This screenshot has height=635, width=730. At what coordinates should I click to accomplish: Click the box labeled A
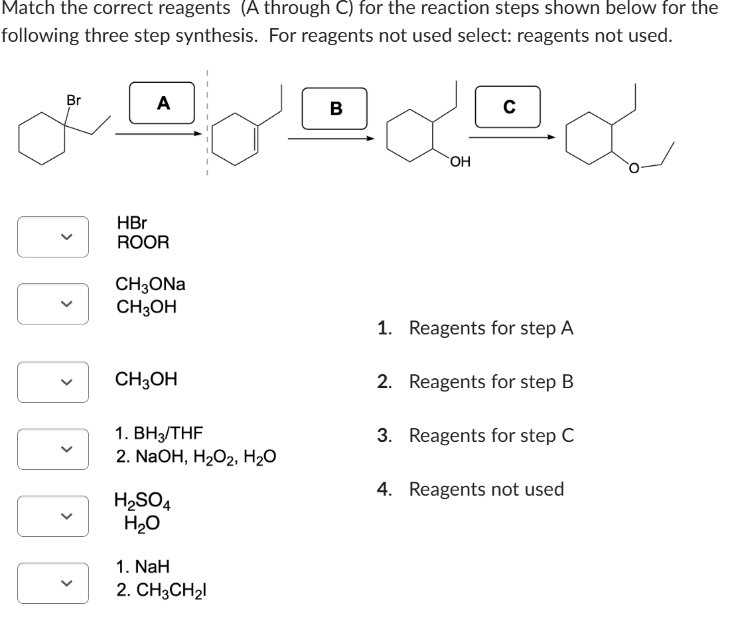tap(162, 103)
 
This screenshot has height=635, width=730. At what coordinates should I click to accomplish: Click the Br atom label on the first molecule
tap(74, 101)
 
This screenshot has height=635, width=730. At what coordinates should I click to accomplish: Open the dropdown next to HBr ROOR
tap(53, 236)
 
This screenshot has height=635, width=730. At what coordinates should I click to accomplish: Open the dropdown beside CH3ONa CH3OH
tap(53, 303)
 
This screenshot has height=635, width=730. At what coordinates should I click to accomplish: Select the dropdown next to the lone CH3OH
tap(53, 382)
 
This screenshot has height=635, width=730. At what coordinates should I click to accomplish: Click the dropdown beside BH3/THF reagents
tap(53, 448)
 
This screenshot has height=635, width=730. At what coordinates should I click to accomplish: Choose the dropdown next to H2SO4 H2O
tap(53, 515)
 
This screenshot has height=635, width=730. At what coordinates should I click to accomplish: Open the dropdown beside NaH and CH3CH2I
tap(53, 583)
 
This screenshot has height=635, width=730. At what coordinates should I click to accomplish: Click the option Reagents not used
tap(486, 490)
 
